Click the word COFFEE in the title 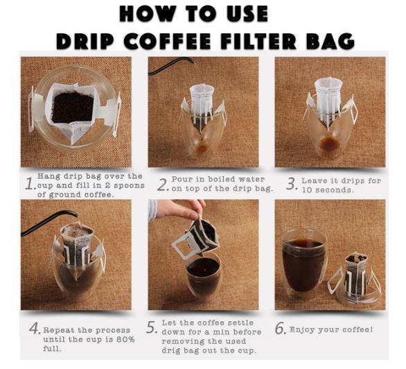point(167,41)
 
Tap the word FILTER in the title point(258,41)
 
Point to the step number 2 point(163,184)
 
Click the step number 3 point(292,184)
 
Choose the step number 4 point(35,328)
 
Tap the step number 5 point(152,327)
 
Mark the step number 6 point(281,328)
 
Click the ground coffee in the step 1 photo point(72,107)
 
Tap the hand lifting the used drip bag point(179,209)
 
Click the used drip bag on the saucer point(355,275)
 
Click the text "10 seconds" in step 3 point(327,190)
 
